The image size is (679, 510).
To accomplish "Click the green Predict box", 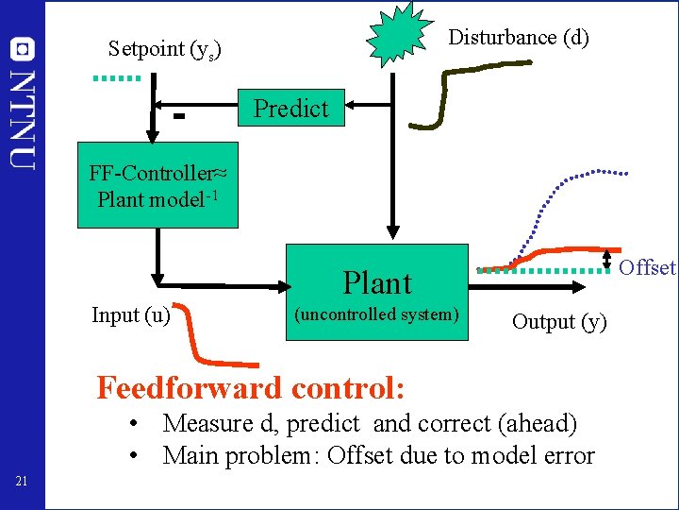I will point(291,108).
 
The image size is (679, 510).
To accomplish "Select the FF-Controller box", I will point(157,186).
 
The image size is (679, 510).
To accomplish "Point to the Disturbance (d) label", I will point(519,38).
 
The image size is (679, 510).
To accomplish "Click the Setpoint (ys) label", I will point(164,48).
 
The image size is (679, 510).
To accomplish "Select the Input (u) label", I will point(130,314).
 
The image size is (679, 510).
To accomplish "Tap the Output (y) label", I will point(559,321).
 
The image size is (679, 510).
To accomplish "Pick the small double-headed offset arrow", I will point(606,260).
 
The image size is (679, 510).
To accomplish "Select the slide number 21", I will point(22,483).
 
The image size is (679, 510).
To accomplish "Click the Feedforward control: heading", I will point(252,387).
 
